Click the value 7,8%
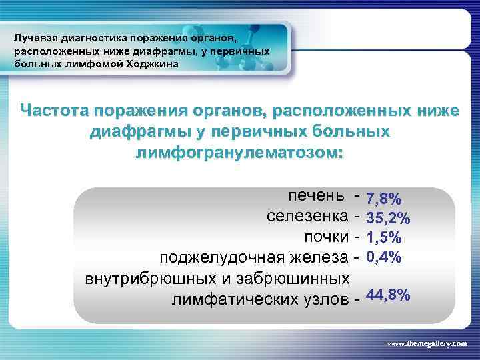click(x=384, y=199)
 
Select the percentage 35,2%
click(x=388, y=218)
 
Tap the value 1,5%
click(x=384, y=237)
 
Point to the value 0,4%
click(x=384, y=257)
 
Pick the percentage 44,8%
click(x=388, y=295)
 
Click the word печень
click(x=317, y=196)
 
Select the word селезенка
click(x=307, y=217)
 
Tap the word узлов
click(x=325, y=299)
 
